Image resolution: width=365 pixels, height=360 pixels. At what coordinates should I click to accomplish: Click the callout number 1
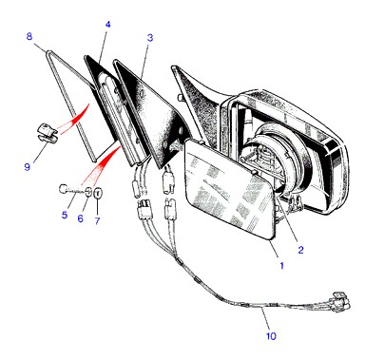pos(281,265)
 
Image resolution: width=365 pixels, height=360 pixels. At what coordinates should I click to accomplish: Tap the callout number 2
pos(300,250)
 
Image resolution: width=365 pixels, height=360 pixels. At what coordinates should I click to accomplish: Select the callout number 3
pos(150,38)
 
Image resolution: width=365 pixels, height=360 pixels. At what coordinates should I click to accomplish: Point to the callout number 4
pos(108,25)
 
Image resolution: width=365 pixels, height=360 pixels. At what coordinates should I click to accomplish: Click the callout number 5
pos(65,215)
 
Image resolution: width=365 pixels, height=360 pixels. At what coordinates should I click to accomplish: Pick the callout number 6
pos(81,218)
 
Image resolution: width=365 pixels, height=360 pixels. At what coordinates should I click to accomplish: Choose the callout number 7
pos(97,220)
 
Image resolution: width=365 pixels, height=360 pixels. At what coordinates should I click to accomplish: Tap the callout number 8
pos(29,36)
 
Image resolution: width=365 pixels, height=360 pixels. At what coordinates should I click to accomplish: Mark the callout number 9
pos(28,166)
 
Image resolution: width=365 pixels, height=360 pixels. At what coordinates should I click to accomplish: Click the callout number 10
pos(271,336)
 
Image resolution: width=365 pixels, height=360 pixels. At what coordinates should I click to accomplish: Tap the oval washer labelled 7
pos(98,192)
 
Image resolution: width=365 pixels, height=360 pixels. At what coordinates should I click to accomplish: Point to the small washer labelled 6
pos(89,192)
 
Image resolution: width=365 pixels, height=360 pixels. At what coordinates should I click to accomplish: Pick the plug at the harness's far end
pos(339,300)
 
